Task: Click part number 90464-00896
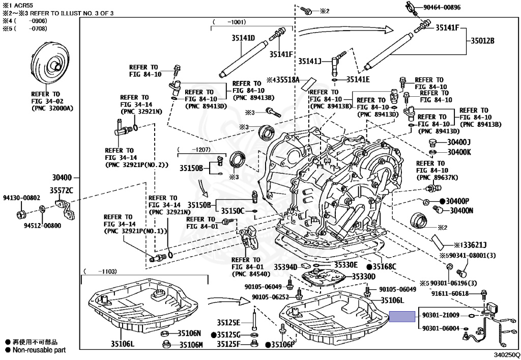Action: (442, 7)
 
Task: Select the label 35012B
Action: (482, 41)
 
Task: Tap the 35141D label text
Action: (243, 38)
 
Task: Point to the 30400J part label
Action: (459, 142)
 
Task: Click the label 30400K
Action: (459, 152)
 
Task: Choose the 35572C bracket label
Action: (62, 190)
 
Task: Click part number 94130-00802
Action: (21, 198)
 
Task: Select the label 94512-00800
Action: (42, 226)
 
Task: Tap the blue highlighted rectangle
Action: (402, 316)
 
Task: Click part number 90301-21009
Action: (441, 315)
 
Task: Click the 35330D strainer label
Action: (363, 276)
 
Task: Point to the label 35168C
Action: (385, 267)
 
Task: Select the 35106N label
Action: (189, 333)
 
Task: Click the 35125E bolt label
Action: (228, 322)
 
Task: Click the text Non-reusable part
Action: (39, 350)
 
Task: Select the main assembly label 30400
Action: (62, 178)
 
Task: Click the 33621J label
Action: (474, 245)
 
